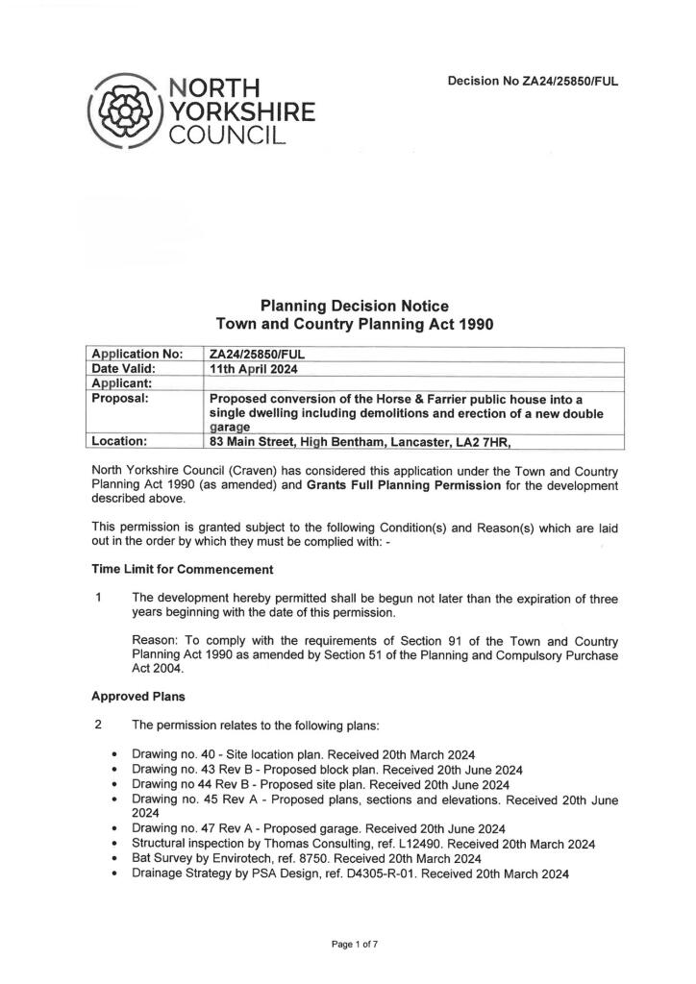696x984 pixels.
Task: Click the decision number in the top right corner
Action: [533, 82]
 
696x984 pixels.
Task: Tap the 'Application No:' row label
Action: [136, 354]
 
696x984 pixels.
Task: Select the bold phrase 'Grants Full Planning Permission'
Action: [405, 485]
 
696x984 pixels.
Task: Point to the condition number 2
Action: [99, 724]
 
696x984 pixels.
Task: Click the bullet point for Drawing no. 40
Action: [115, 753]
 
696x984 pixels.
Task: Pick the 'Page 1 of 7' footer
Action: [355, 946]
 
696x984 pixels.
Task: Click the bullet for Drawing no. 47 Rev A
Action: [115, 828]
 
